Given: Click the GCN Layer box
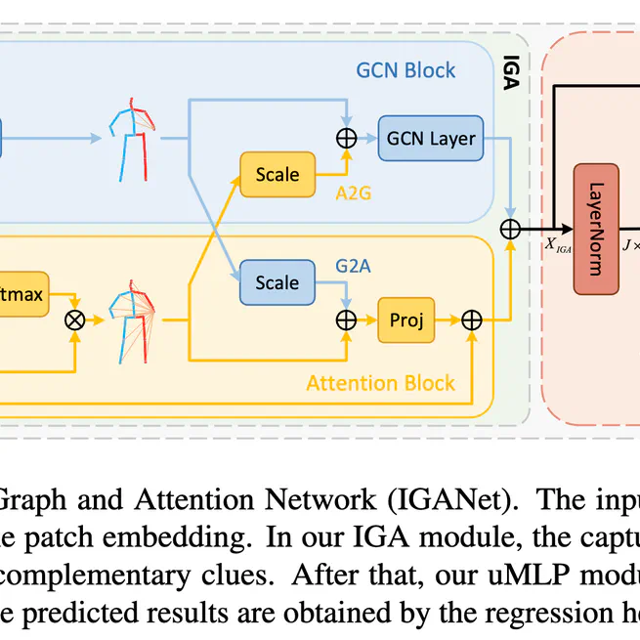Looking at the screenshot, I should point(431,139).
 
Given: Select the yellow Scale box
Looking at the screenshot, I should point(277,175).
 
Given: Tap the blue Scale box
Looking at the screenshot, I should point(277,282).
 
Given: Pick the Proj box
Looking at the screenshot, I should point(405,320).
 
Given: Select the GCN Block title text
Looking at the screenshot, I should point(405,71).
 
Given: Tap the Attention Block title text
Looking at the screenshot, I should point(380,383).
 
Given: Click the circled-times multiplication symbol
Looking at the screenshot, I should point(74,320).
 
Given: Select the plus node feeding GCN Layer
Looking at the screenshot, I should point(346,139).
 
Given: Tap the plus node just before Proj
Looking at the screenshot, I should point(346,320).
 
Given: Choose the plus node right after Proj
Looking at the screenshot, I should point(472,320).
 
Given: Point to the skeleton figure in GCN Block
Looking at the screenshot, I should point(131,138).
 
